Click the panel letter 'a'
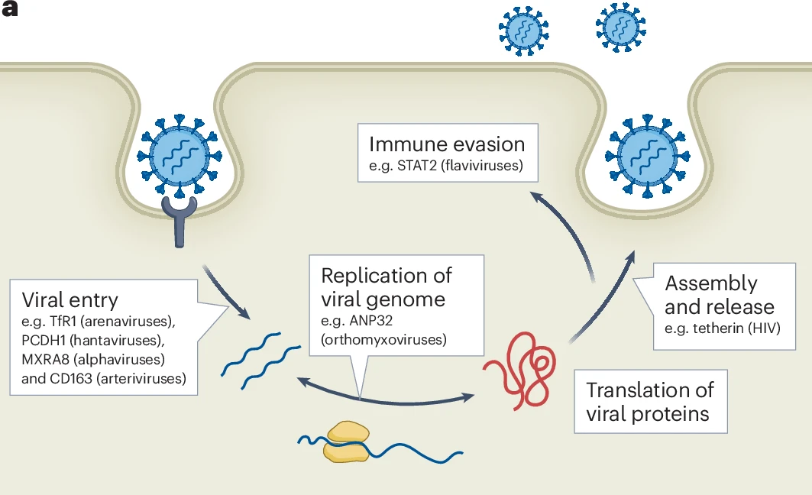11,12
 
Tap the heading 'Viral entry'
70,299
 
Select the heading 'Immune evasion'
447,144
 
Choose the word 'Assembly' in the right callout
710,283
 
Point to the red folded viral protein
519,369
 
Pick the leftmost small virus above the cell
524,31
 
